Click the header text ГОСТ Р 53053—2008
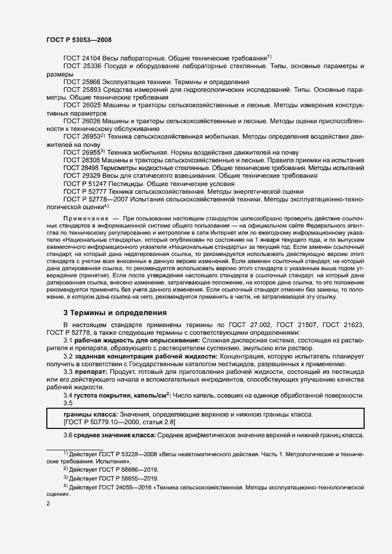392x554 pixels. click(x=78, y=39)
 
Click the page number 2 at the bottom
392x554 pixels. click(x=48, y=504)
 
